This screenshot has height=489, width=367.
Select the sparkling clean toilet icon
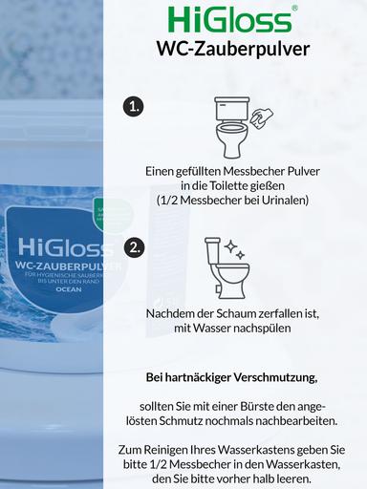[x=227, y=267]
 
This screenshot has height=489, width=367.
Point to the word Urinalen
[x=293, y=202]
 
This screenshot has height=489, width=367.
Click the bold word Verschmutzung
[x=286, y=375]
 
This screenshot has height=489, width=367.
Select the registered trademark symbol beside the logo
[x=293, y=9]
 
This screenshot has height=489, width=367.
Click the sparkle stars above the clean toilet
[x=234, y=251]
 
